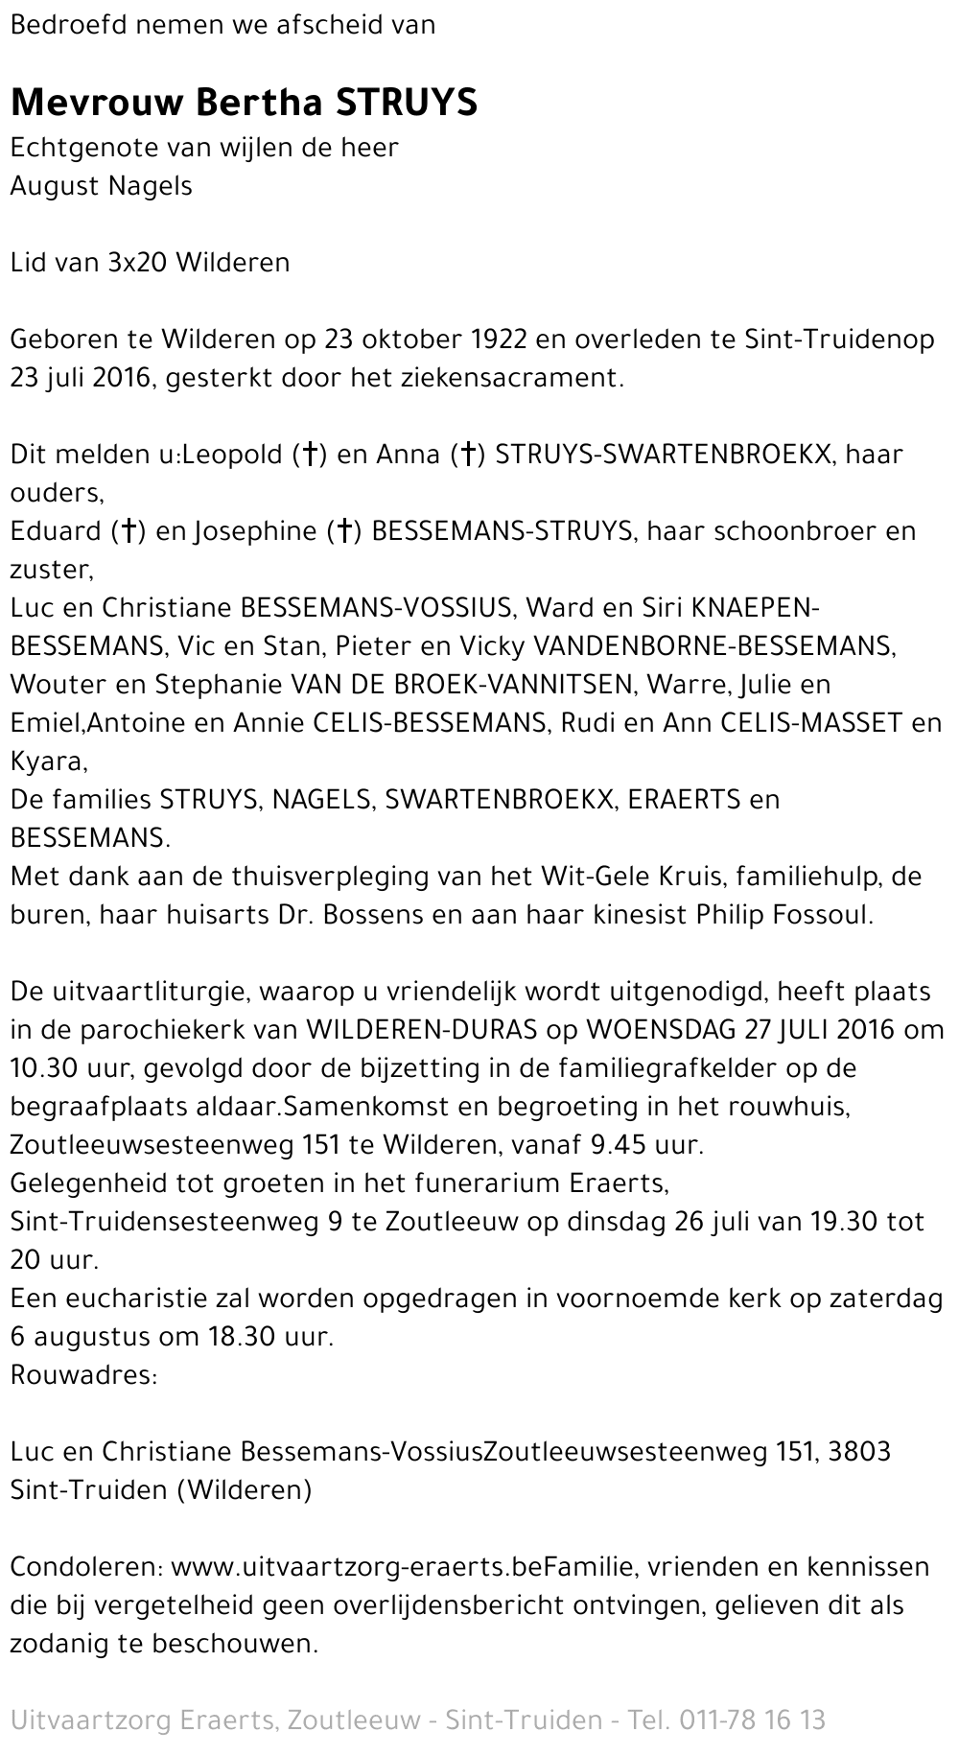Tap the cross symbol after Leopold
310,455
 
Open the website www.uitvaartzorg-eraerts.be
363,1567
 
